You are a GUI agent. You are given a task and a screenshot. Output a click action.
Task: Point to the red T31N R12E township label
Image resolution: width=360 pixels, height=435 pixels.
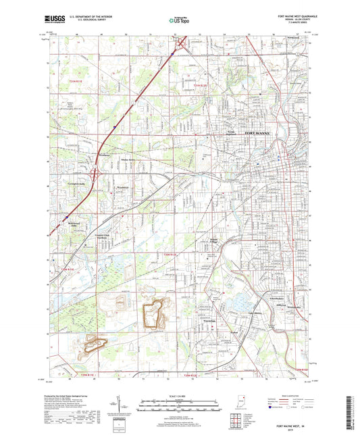point(199,86)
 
